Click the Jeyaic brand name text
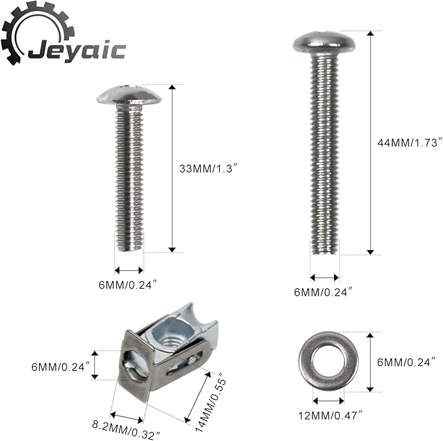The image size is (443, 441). pos(77,50)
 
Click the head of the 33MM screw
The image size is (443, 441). pos(129,95)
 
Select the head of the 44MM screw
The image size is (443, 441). pos(324,43)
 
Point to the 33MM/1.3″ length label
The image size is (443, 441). pos(207,169)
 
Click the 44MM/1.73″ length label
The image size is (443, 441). pos(409,143)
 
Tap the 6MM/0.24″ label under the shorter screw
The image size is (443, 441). pos(127,285)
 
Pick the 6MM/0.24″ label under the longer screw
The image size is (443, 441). pos(323,292)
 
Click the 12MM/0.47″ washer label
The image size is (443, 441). pos(330,416)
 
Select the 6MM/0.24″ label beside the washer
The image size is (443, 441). pos(407,362)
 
